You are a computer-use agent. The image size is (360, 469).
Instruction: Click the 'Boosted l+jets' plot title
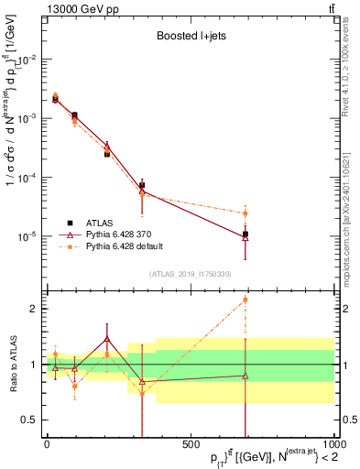tap(190, 38)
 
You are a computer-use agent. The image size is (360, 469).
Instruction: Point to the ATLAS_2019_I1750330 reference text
tap(190, 274)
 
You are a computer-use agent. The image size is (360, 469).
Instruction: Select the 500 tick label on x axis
tap(190, 443)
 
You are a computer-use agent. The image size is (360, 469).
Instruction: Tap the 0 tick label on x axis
tap(47, 443)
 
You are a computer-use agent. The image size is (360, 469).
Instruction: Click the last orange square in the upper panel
tap(245, 213)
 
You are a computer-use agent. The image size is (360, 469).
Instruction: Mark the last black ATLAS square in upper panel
tap(245, 234)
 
